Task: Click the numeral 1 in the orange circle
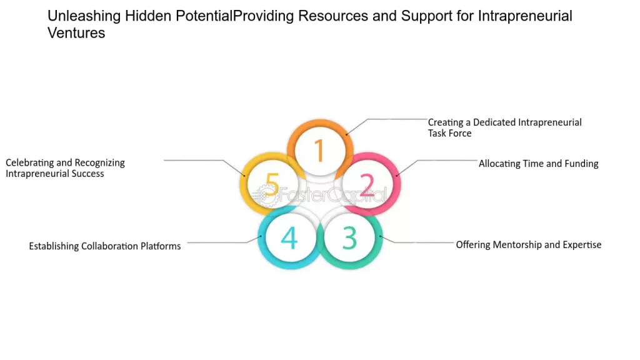click(x=319, y=151)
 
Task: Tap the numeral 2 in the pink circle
click(x=367, y=185)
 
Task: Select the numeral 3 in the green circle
click(x=349, y=238)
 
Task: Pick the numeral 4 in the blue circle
click(x=289, y=238)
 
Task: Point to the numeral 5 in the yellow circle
click(x=272, y=185)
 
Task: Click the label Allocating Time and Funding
click(x=538, y=164)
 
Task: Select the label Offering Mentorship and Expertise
click(x=528, y=244)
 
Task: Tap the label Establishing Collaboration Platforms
click(x=104, y=246)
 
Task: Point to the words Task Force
click(x=449, y=133)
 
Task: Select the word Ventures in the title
click(x=76, y=33)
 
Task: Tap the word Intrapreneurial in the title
click(x=525, y=16)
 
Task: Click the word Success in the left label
click(x=87, y=173)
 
